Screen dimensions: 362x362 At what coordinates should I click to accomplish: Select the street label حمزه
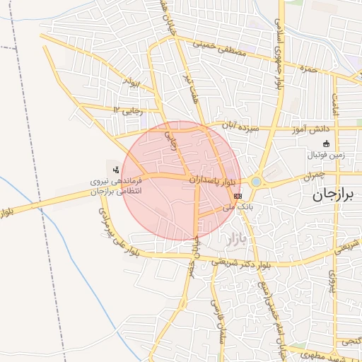point(306,69)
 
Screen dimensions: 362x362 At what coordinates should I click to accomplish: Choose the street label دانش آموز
point(310,129)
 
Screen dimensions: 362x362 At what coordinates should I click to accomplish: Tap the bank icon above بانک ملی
point(238,195)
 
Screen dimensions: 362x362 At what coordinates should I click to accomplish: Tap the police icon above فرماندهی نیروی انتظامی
point(115,168)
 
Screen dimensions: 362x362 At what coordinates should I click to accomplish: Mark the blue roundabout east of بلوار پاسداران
point(255,182)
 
